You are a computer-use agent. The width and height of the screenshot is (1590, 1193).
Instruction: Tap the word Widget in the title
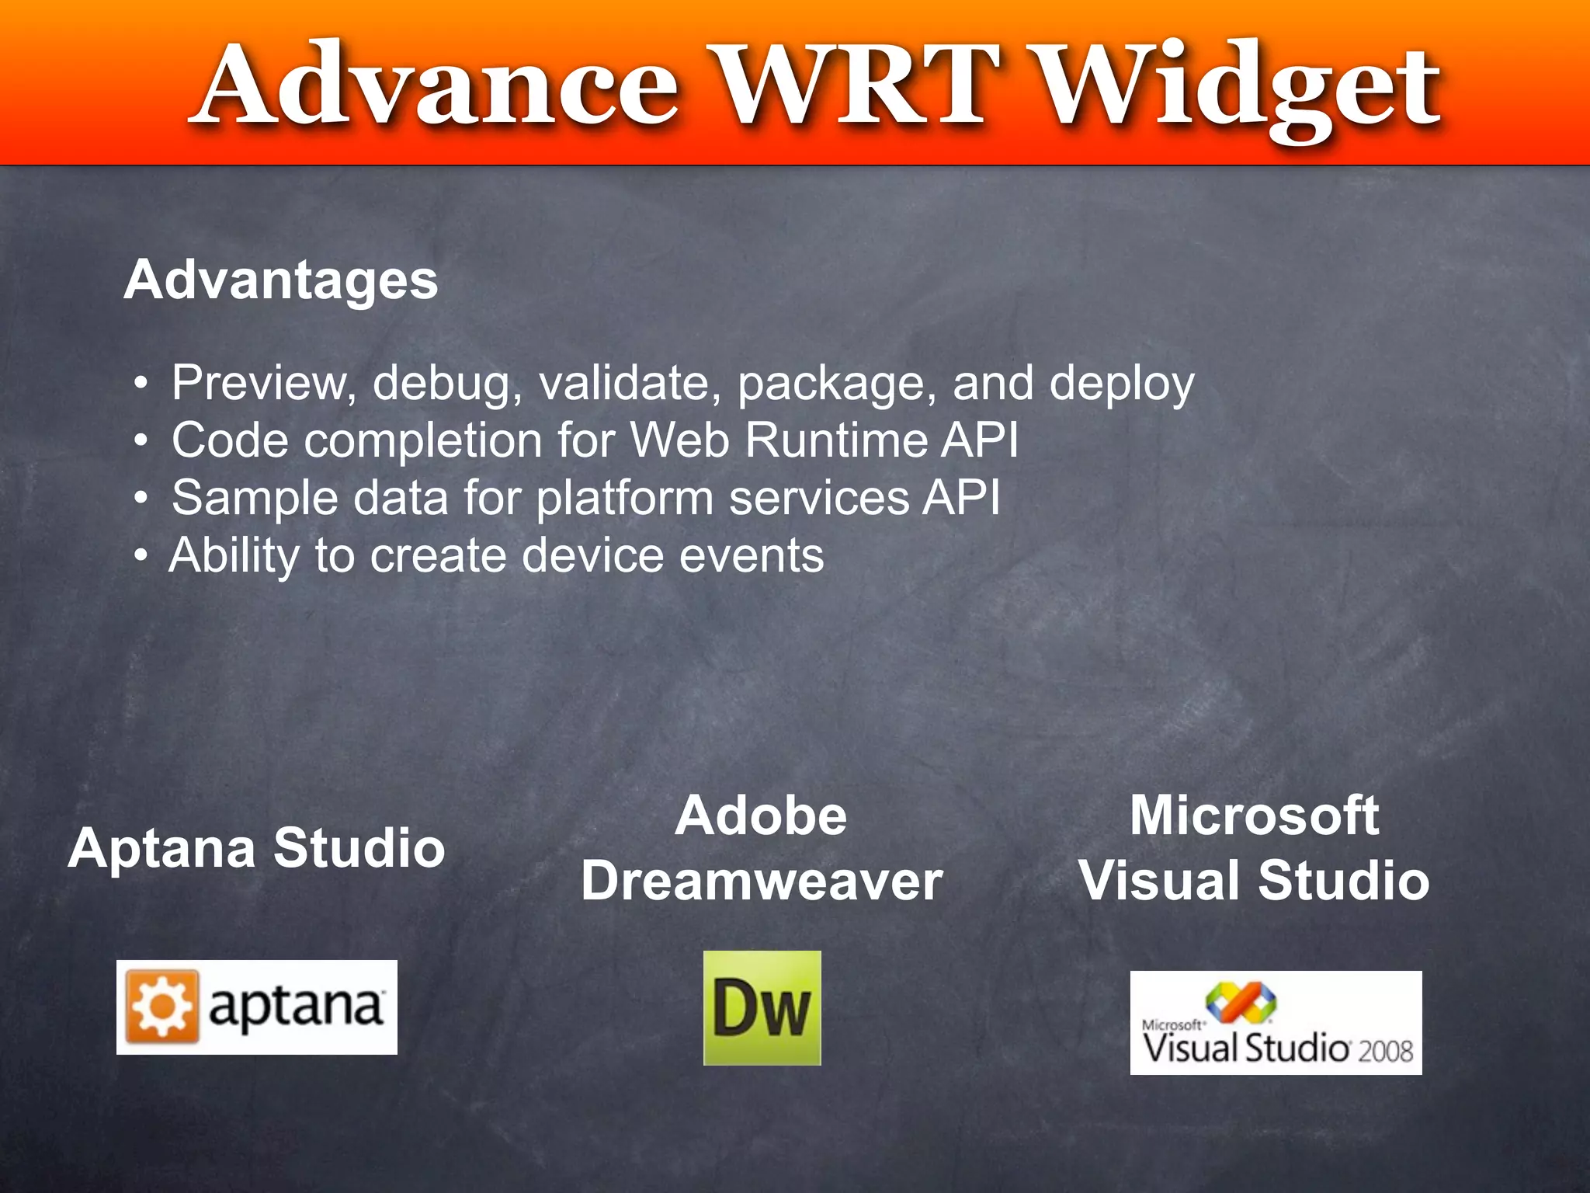point(1239,89)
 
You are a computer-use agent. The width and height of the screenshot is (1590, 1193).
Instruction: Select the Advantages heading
point(281,280)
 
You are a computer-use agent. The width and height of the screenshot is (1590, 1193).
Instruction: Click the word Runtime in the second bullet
point(835,440)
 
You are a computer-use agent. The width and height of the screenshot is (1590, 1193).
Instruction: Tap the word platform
point(624,499)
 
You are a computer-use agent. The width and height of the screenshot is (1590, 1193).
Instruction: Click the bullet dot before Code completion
point(141,440)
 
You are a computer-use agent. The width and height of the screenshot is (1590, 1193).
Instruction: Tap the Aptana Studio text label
point(256,848)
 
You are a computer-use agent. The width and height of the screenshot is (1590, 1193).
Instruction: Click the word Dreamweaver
point(762,882)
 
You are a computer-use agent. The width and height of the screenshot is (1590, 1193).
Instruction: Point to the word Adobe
point(761,816)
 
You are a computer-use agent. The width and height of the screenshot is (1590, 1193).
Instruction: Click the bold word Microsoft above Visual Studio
point(1254,816)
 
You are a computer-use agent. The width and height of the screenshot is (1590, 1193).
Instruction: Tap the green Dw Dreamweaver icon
point(762,1008)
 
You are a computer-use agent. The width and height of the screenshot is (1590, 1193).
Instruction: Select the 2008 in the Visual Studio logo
point(1385,1052)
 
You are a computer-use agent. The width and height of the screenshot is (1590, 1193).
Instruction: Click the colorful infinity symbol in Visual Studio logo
point(1240,1003)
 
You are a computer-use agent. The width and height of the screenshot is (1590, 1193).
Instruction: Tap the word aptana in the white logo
point(296,1007)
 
